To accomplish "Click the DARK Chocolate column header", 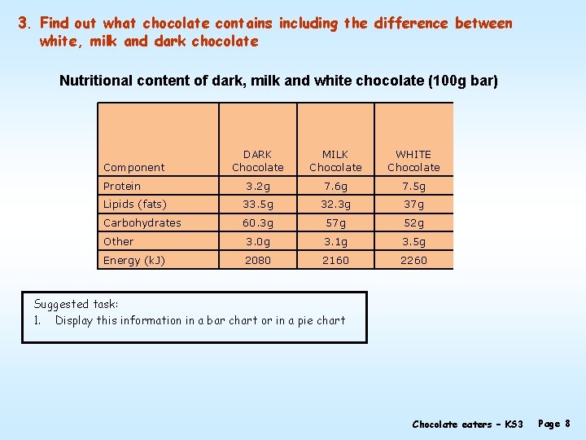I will click(x=258, y=161).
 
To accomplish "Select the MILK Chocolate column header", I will click(x=335, y=161).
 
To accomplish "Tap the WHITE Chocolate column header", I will click(x=413, y=161).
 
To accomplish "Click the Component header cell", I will click(x=134, y=167).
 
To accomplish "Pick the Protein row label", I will click(x=122, y=186).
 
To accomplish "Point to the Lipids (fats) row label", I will click(x=135, y=205).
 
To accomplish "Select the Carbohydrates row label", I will click(x=142, y=222).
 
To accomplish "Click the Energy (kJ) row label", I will click(x=135, y=260).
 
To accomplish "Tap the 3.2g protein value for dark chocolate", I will click(x=258, y=186).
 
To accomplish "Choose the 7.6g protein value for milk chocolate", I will click(x=335, y=186).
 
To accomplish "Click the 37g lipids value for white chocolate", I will click(x=413, y=205).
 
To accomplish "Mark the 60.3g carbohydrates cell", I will click(x=258, y=222).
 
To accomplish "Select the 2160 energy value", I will click(x=335, y=260).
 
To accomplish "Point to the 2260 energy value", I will click(x=413, y=260).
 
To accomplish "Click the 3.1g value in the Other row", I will click(x=335, y=241).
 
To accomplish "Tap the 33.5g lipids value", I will click(x=258, y=205).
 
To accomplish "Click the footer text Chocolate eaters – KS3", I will click(x=467, y=424).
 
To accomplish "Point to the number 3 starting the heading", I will click(x=24, y=23).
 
